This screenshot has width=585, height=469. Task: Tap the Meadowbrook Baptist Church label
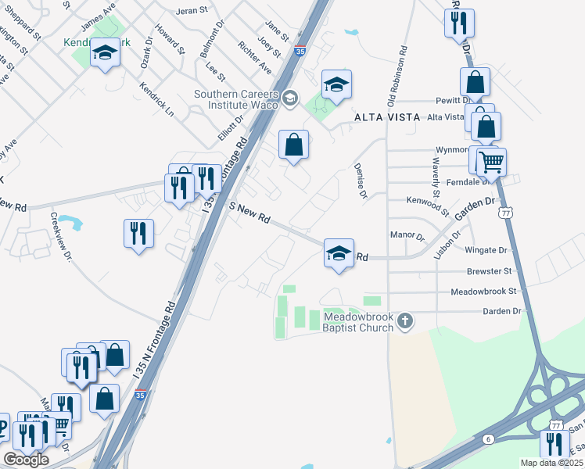[x=359, y=322]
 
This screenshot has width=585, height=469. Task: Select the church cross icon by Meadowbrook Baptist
[x=404, y=321]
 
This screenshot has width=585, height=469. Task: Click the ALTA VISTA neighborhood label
[x=383, y=117]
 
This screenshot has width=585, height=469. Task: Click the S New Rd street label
[x=249, y=213]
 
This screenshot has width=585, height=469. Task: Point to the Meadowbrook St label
[x=484, y=292]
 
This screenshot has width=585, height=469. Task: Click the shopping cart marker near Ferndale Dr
[x=492, y=163]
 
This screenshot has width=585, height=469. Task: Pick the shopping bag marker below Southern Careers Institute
[x=294, y=145]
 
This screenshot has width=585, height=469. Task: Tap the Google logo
[x=26, y=460]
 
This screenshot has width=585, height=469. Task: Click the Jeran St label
[x=192, y=11]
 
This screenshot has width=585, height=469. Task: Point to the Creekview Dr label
[x=60, y=239]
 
